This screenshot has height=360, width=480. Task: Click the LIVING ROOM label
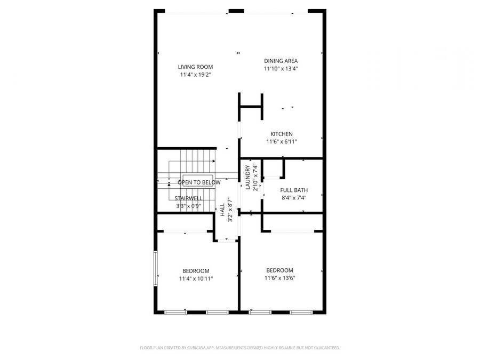(195, 67)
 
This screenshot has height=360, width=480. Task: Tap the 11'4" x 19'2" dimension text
(195, 75)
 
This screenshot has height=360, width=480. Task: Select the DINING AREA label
(281, 61)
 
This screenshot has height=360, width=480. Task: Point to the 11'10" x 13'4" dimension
(281, 69)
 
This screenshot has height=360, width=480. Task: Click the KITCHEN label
(281, 134)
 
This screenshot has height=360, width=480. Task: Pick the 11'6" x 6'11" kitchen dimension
(281, 142)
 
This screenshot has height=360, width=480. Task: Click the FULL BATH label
(294, 190)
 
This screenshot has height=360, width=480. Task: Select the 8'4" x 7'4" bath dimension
(294, 198)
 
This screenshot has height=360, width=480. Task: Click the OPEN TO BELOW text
(199, 182)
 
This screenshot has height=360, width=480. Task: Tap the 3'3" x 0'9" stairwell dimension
(188, 206)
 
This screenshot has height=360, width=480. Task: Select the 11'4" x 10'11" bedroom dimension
(196, 278)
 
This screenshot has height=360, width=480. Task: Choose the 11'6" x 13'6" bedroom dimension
(280, 278)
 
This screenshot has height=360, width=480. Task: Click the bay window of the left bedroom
(156, 270)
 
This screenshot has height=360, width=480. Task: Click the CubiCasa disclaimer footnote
(239, 348)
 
